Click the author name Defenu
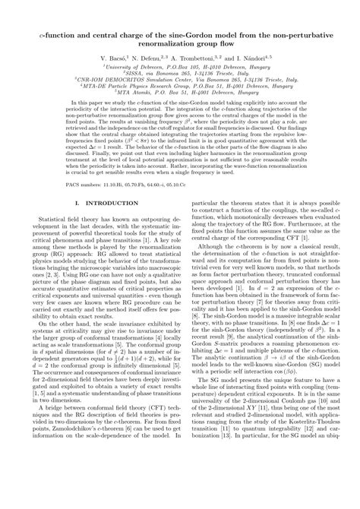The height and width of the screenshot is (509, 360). point(151,58)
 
